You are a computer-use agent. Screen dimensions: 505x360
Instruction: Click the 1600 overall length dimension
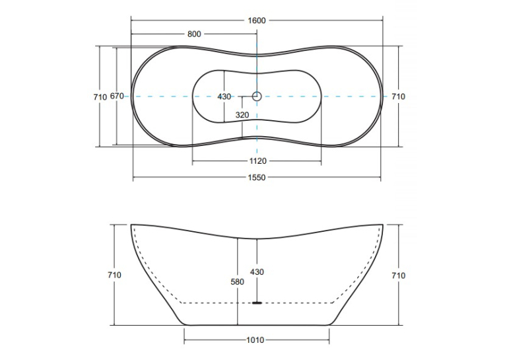click(x=257, y=20)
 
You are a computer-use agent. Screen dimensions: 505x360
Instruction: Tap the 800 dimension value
click(x=194, y=34)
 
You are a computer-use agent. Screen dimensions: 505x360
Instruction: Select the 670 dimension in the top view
click(x=117, y=96)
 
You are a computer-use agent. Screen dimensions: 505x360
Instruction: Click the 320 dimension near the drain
click(x=242, y=115)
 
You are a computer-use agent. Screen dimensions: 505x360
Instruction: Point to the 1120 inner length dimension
click(x=258, y=161)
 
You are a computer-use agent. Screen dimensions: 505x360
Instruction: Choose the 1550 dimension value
click(x=257, y=178)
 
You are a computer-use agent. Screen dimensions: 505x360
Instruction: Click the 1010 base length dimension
click(x=255, y=340)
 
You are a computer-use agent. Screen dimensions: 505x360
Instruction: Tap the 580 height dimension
click(x=238, y=282)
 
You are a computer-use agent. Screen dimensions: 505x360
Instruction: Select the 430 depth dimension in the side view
click(x=257, y=272)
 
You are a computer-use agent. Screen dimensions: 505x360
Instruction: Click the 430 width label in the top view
click(x=224, y=96)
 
